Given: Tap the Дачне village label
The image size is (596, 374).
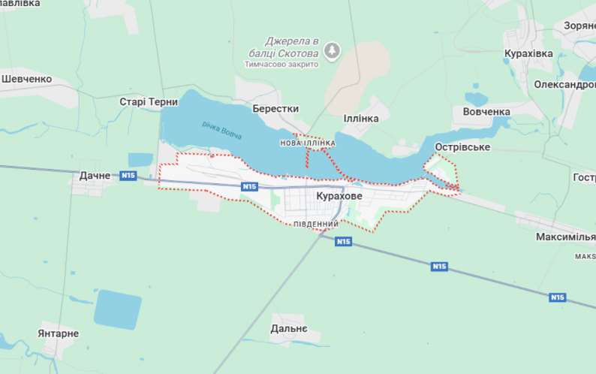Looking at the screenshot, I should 95,176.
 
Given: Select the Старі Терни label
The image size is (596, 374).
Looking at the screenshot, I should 149,102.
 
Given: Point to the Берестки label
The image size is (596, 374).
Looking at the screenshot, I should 275,108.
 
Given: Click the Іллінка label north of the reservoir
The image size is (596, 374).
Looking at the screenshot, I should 366,119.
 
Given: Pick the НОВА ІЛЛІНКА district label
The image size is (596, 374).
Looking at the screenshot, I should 307,142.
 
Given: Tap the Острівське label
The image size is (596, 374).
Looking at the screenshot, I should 462,147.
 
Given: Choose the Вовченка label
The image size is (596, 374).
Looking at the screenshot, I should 481,112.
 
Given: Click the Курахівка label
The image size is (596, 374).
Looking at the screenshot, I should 528,54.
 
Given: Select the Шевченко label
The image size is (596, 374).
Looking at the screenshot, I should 26,79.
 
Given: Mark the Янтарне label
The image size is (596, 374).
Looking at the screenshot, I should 58,333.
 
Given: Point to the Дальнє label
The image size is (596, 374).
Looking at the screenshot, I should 289,329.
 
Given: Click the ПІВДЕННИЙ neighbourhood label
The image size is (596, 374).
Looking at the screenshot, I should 315,224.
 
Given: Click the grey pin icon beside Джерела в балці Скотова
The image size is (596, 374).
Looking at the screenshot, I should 332,51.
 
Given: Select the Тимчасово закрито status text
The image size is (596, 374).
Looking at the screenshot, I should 281,65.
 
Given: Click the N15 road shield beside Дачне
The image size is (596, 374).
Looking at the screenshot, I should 128,176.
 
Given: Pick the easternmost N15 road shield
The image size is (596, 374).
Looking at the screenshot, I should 557,297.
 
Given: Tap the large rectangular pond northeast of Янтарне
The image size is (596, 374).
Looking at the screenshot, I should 118,309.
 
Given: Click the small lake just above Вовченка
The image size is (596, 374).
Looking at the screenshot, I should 476,99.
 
